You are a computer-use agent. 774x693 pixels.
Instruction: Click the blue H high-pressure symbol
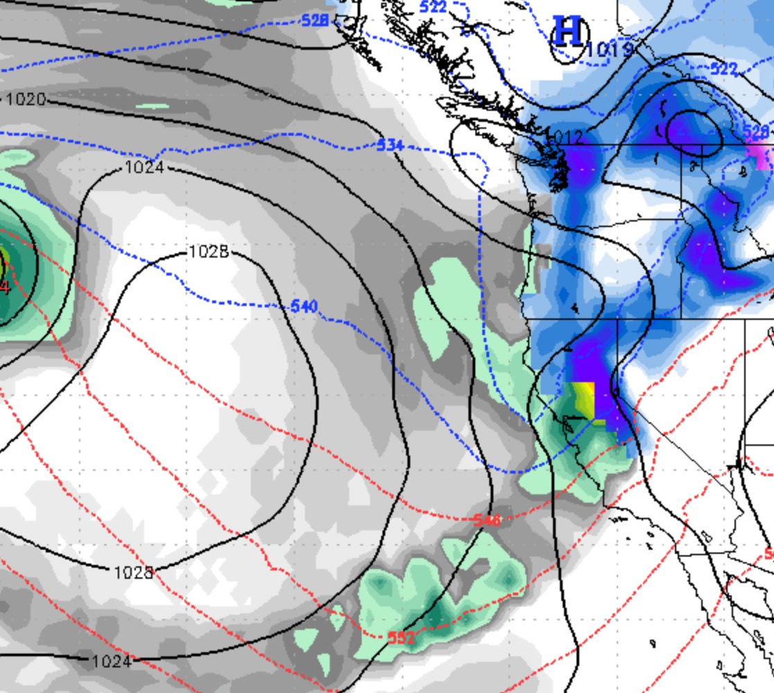pyautogui.click(x=568, y=33)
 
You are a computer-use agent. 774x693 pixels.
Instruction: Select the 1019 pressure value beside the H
pyautogui.click(x=609, y=49)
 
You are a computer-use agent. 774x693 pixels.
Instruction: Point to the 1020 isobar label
pyautogui.click(x=26, y=100)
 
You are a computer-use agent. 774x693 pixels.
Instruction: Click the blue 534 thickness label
pyautogui.click(x=390, y=145)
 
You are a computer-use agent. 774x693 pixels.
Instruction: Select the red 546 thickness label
pyautogui.click(x=487, y=520)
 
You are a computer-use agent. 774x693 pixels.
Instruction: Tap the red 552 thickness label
pyautogui.click(x=401, y=638)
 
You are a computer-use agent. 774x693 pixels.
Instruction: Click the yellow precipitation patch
pyautogui.click(x=584, y=399)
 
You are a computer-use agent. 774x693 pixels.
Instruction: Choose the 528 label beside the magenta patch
pyautogui.click(x=756, y=131)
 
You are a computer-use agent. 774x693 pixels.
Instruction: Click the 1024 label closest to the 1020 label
pyautogui.click(x=143, y=168)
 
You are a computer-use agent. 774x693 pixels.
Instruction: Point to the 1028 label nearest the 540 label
pyautogui.click(x=209, y=252)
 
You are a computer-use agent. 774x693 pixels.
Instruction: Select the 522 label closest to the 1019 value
pyautogui.click(x=723, y=68)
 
